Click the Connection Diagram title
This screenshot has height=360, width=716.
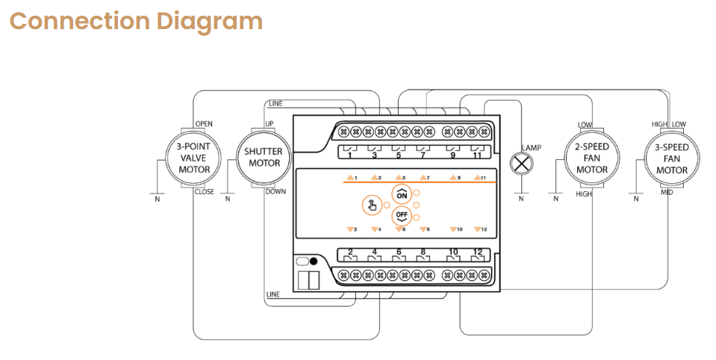[136, 21]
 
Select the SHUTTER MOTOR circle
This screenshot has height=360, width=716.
[264, 158]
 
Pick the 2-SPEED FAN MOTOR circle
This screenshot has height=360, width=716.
[591, 158]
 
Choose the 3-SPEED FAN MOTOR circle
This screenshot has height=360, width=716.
[671, 158]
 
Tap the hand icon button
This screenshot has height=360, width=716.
[370, 206]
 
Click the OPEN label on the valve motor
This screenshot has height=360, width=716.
[204, 123]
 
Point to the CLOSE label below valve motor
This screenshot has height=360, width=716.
[204, 192]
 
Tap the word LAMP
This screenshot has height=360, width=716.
[532, 147]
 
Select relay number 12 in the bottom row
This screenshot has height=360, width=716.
[477, 252]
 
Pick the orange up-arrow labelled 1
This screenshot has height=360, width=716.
[350, 178]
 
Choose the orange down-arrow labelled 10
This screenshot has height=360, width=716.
[452, 229]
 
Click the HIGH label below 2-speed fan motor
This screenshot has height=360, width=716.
[583, 194]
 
